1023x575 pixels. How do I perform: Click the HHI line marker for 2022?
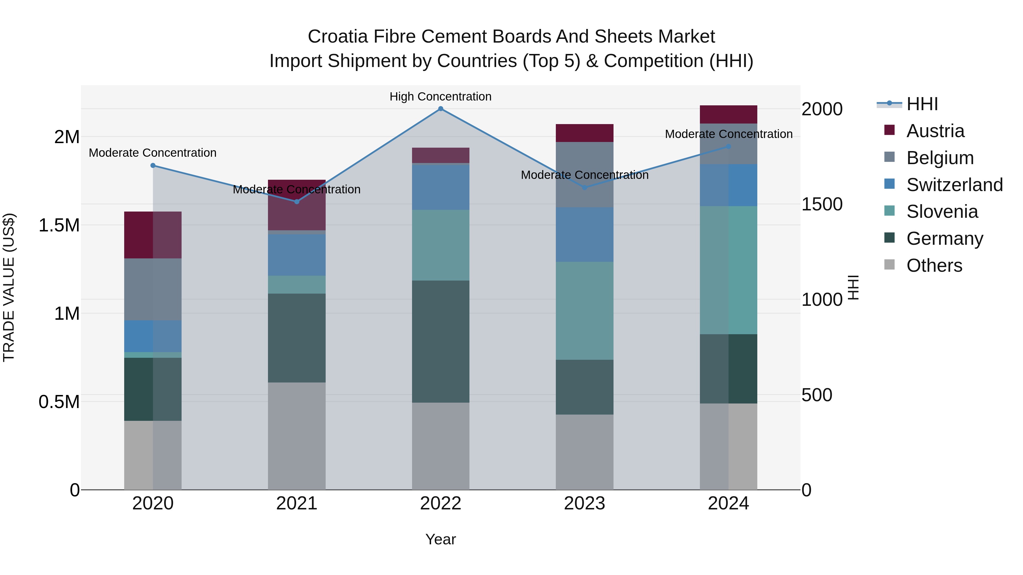440,109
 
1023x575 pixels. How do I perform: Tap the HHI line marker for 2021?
297,202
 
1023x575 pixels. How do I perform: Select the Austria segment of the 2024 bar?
728,115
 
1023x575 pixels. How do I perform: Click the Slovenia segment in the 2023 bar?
584,311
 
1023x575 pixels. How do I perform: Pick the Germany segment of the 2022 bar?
440,342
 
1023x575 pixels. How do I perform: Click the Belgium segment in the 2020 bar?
153,289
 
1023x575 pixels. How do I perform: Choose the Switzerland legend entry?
954,185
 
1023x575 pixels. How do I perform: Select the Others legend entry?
934,265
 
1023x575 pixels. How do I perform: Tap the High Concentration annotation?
440,97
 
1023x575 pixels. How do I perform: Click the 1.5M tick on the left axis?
59,225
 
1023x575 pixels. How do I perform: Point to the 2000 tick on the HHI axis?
822,109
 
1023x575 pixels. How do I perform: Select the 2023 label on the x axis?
584,503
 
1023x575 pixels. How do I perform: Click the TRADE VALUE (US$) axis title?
9,287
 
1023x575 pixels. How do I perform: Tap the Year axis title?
440,539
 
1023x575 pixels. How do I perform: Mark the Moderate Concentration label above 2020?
153,153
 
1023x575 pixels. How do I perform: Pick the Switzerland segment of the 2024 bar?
728,185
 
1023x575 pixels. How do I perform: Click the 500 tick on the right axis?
816,395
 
